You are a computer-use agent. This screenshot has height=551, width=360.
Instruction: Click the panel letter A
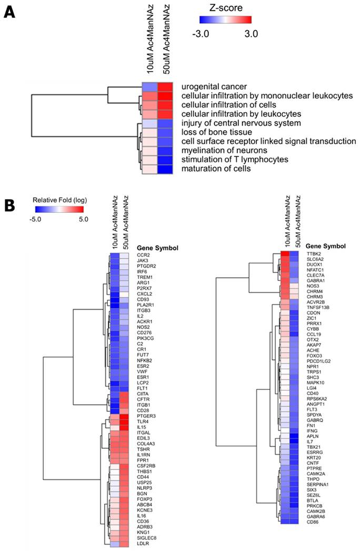(x=9, y=11)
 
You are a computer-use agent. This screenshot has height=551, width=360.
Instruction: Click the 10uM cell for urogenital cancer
(x=149, y=86)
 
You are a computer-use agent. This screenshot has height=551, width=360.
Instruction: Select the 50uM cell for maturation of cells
(x=164, y=169)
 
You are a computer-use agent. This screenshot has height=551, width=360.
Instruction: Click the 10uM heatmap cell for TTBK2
(x=285, y=254)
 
